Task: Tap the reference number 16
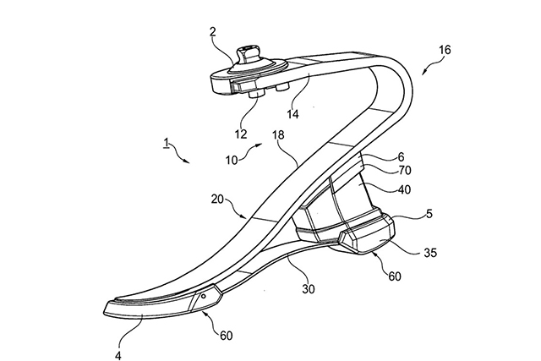[445, 50]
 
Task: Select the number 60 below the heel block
[395, 276]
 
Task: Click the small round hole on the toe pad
[203, 297]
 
